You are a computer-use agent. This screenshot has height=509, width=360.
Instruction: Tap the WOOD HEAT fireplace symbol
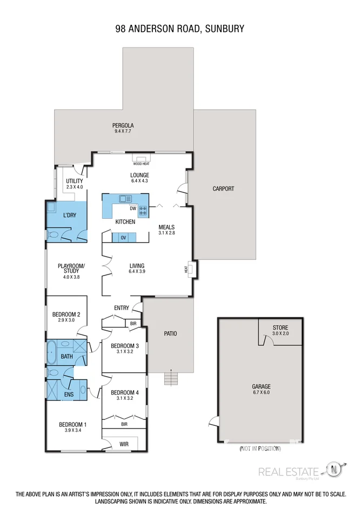(x=141, y=159)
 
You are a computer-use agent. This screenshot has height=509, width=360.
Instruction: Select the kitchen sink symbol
(x=125, y=198)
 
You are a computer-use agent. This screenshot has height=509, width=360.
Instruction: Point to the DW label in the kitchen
(x=132, y=209)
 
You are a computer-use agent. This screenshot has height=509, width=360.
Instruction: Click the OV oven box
(x=123, y=238)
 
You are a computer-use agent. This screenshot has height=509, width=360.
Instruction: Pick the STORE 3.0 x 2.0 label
(x=280, y=331)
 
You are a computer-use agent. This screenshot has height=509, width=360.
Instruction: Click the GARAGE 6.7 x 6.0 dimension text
(x=261, y=393)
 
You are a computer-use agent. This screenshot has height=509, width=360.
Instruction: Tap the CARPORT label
(x=223, y=189)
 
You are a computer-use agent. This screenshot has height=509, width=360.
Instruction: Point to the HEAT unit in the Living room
(x=190, y=269)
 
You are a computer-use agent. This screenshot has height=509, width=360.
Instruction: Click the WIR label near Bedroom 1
(x=123, y=445)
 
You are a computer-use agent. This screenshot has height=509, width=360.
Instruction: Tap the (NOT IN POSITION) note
(x=261, y=448)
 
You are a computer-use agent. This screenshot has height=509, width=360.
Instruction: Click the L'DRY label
(x=69, y=216)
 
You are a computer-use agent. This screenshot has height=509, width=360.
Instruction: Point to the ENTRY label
(x=122, y=308)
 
